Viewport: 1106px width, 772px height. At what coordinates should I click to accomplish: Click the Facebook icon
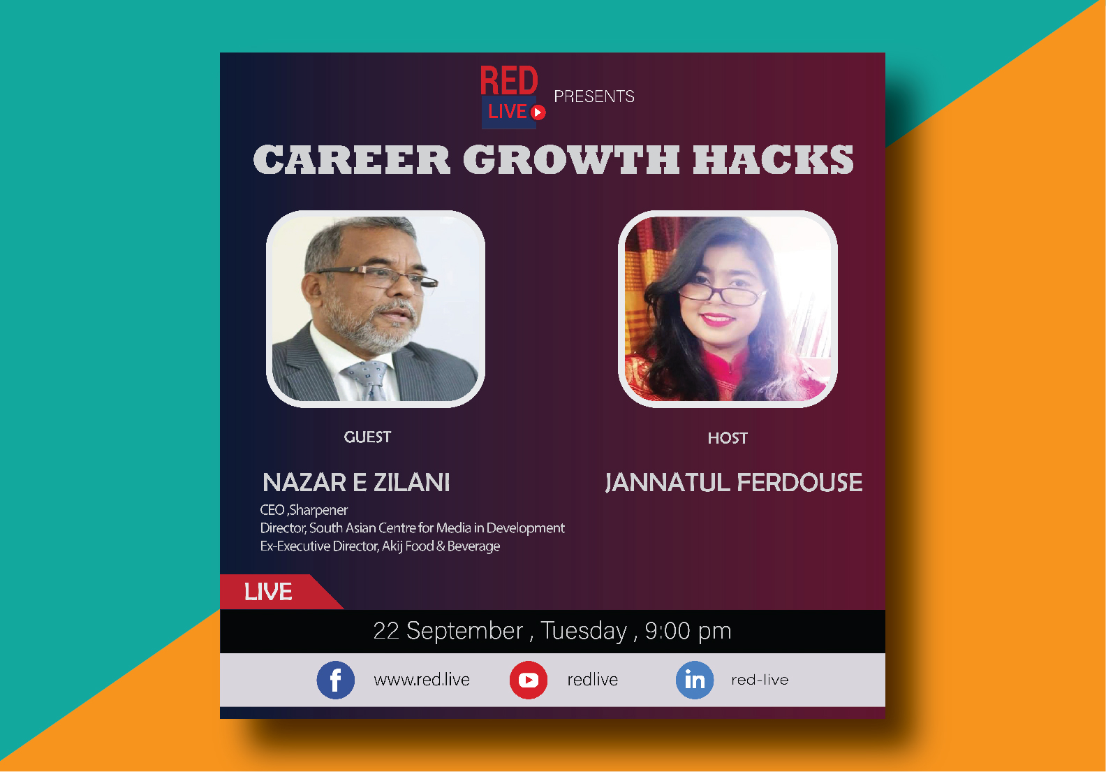(x=335, y=680)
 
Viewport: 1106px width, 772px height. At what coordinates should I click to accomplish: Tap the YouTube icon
(x=529, y=680)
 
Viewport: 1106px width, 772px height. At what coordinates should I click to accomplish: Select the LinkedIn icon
(x=695, y=680)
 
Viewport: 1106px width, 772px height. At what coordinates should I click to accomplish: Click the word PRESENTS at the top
(x=594, y=96)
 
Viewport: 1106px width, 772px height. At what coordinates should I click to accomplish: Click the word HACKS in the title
(x=773, y=159)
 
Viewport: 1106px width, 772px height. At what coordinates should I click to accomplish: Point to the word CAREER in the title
(x=351, y=159)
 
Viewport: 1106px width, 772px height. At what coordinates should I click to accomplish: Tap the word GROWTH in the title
(x=571, y=159)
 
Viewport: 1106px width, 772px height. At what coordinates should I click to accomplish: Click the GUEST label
(x=367, y=437)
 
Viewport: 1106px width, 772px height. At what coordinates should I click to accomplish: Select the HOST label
(x=728, y=438)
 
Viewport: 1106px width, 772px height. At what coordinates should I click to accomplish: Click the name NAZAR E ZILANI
(x=356, y=483)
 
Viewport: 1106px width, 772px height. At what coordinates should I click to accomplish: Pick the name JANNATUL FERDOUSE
(x=734, y=483)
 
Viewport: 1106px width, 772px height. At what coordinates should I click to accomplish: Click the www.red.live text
(x=422, y=680)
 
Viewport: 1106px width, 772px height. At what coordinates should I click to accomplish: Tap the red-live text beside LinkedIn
(x=760, y=680)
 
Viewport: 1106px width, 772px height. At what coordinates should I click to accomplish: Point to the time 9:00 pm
(x=688, y=631)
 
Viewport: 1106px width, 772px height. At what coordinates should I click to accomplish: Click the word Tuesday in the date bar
(x=584, y=632)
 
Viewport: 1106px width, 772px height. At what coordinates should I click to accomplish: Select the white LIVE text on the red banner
(x=268, y=592)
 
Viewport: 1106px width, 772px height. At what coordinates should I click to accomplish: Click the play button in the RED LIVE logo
(x=538, y=112)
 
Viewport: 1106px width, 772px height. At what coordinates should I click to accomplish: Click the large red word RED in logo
(x=509, y=80)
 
